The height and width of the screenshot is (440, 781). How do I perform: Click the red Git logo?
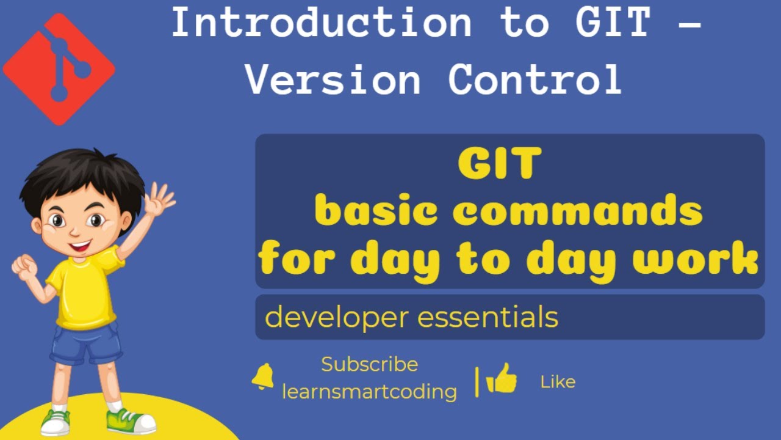(59, 68)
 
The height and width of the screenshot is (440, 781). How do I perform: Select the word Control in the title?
(535, 79)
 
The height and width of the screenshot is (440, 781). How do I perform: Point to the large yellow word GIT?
(500, 164)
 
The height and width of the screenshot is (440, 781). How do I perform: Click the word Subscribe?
(370, 364)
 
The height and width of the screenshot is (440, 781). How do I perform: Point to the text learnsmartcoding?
(370, 392)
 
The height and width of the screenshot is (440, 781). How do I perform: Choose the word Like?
(558, 383)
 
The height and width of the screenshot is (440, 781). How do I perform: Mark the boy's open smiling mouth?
(80, 246)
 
